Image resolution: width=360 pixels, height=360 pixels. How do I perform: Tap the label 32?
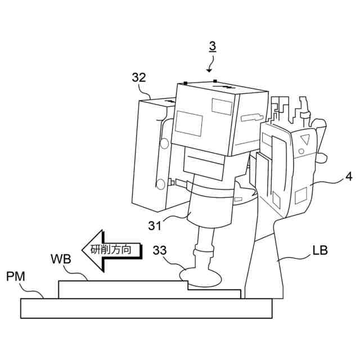(139, 78)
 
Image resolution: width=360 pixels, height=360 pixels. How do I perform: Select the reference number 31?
(155, 226)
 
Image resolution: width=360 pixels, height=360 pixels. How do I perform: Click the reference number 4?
(349, 177)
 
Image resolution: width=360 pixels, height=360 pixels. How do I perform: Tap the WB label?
(60, 259)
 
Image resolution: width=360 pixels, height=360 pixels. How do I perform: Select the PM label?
(15, 276)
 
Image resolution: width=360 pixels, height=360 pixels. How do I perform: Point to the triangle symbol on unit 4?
(305, 138)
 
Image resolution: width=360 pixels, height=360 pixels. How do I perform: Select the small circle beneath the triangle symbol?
(301, 151)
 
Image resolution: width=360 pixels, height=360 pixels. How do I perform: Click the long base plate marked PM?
(146, 308)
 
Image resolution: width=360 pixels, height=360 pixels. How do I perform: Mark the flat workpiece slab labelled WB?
(124, 289)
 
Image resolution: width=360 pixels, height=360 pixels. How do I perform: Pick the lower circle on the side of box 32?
(160, 183)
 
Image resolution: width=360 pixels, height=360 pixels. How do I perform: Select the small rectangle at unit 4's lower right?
(301, 196)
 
